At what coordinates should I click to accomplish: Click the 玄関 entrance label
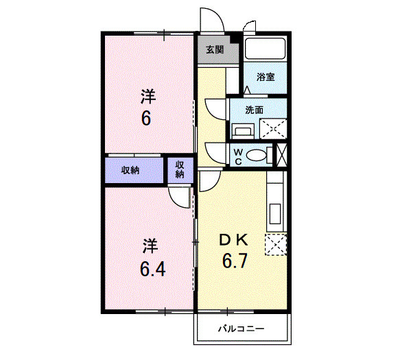pyautogui.click(x=214, y=49)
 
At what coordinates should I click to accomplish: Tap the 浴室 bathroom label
pyautogui.click(x=267, y=77)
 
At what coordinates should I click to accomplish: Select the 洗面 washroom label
pyautogui.click(x=255, y=109)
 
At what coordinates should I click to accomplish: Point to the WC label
pyautogui.click(x=237, y=156)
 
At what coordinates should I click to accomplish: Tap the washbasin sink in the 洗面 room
pyautogui.click(x=242, y=130)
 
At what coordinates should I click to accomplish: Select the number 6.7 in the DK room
pyautogui.click(x=233, y=261)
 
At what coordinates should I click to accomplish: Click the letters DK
pyautogui.click(x=233, y=240)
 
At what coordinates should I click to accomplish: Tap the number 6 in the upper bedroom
pyautogui.click(x=146, y=119)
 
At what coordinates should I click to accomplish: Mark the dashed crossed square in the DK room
pyautogui.click(x=275, y=244)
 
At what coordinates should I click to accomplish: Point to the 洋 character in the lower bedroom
pyautogui.click(x=151, y=245)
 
